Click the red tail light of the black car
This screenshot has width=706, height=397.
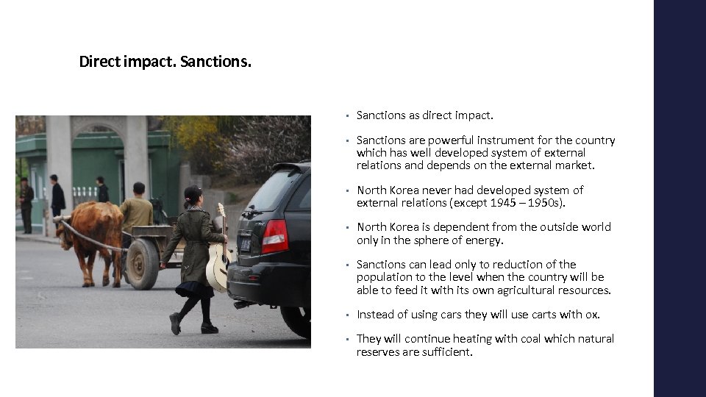click(275, 237)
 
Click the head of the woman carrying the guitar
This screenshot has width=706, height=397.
click(193, 196)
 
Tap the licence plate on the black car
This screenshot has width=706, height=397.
click(245, 243)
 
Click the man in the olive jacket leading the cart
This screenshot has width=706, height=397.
click(137, 209)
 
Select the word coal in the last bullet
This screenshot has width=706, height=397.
click(506, 339)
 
